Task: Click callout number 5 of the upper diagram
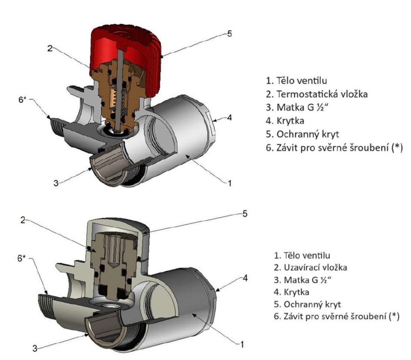point(229,34)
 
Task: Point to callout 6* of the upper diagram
point(23,100)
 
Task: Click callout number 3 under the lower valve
point(35,346)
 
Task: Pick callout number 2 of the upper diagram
point(50,49)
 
